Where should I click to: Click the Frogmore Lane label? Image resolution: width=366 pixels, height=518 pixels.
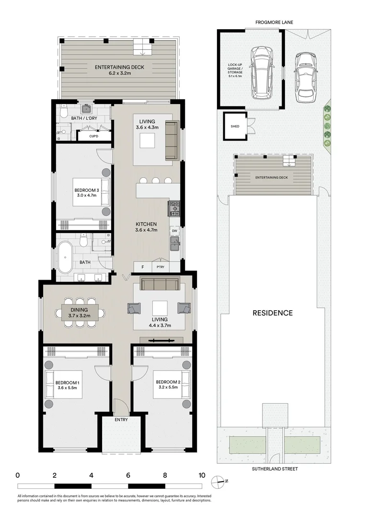(274, 22)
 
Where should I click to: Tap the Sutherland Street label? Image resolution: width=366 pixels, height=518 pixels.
(274, 469)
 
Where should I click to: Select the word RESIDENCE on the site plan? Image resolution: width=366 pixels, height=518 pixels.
(273, 313)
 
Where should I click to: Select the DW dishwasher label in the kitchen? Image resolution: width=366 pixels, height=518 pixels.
(175, 231)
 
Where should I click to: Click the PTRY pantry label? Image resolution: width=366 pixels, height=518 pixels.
(160, 267)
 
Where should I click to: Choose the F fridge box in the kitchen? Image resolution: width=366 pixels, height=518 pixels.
(142, 267)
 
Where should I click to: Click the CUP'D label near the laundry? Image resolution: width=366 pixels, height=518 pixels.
(94, 136)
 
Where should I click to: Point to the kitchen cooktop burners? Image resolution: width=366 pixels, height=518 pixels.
(173, 208)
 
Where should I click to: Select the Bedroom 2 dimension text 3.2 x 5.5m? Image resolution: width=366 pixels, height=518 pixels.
(167, 388)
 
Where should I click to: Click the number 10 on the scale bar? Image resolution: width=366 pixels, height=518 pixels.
(202, 475)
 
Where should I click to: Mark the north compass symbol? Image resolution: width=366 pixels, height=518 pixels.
(221, 481)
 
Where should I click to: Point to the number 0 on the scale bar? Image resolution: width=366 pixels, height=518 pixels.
(18, 475)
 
